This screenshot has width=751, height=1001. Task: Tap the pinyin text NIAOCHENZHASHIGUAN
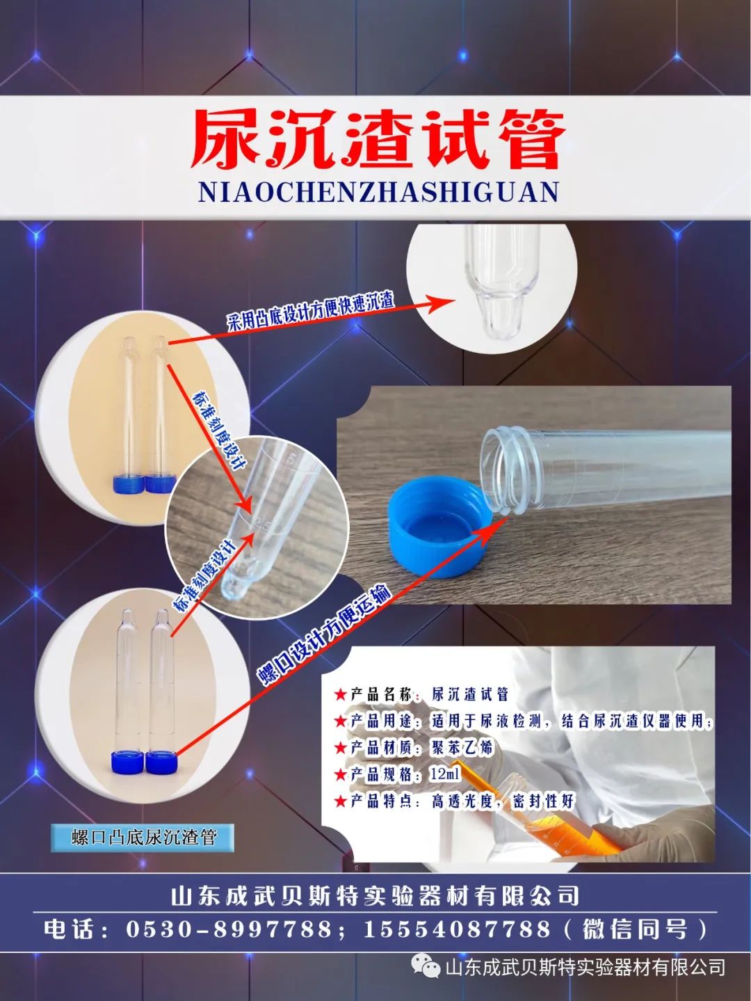tap(378, 192)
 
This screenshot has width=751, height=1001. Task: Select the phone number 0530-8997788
tap(229, 929)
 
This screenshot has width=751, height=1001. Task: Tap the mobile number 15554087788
tap(457, 929)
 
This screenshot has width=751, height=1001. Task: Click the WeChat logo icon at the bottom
tap(426, 967)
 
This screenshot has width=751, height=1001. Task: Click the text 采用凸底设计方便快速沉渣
tap(311, 312)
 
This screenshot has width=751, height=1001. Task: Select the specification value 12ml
tap(445, 774)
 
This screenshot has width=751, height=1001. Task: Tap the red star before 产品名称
tap(340, 694)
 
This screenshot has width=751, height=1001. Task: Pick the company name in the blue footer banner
tap(375, 895)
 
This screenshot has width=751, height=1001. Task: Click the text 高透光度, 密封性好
tap(503, 801)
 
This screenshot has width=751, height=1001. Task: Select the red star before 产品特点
tap(340, 801)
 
